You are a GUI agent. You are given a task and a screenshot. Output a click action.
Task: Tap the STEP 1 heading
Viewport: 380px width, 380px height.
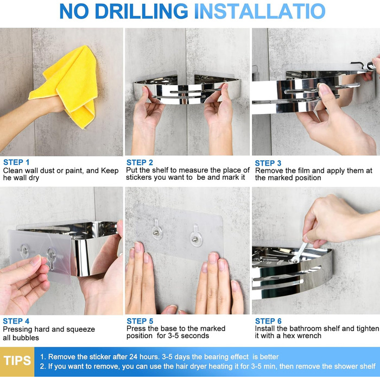click(x=16, y=162)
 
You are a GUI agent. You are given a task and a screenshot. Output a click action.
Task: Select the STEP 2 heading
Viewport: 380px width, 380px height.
click(x=140, y=162)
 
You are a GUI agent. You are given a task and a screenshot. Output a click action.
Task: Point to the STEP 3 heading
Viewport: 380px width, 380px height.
click(x=268, y=163)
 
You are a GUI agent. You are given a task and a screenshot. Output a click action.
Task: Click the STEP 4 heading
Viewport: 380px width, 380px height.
click(x=16, y=321)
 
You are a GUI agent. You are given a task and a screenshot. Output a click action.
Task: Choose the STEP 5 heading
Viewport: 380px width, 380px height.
click(x=140, y=321)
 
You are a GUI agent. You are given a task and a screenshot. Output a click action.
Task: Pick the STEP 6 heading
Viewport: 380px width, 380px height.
click(x=268, y=321)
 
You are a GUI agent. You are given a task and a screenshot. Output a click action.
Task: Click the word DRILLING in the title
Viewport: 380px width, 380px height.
click(x=142, y=11)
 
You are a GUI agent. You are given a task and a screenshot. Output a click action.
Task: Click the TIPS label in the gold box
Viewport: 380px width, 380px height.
click(x=17, y=360)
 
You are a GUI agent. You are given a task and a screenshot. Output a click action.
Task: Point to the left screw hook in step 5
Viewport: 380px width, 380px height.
click(x=157, y=229)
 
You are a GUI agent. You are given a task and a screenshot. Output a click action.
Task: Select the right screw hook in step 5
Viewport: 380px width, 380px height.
click(x=196, y=236)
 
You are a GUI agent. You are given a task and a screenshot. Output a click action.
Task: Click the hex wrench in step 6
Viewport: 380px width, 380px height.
click(x=299, y=252)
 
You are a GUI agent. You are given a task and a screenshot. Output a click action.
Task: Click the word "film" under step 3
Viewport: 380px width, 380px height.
click(x=304, y=170)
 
